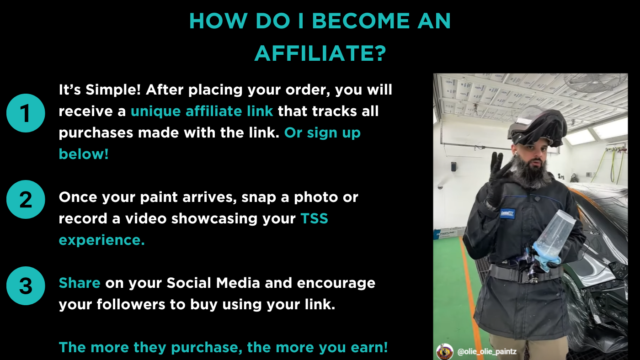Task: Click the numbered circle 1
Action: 26,113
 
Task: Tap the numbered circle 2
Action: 26,199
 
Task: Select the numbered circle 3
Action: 26,286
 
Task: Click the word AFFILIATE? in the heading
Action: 320,53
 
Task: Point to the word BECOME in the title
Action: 361,21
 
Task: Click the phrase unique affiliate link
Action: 202,111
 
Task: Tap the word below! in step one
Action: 84,154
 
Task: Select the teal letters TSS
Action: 315,219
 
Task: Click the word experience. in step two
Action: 101,240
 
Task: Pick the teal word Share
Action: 80,283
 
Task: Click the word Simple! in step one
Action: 113,90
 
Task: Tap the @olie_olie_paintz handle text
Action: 487,352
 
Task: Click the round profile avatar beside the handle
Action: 444,352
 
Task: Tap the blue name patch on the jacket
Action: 507,213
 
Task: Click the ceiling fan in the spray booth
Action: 596,82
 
